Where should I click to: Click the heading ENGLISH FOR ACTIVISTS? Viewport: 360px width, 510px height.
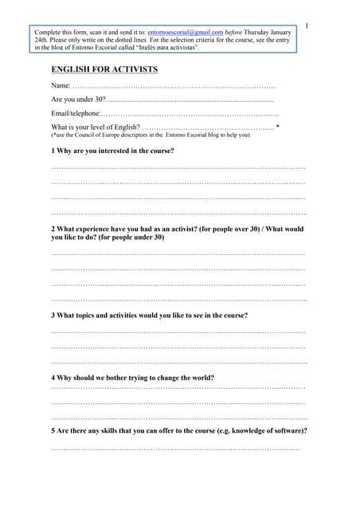tap(104, 70)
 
